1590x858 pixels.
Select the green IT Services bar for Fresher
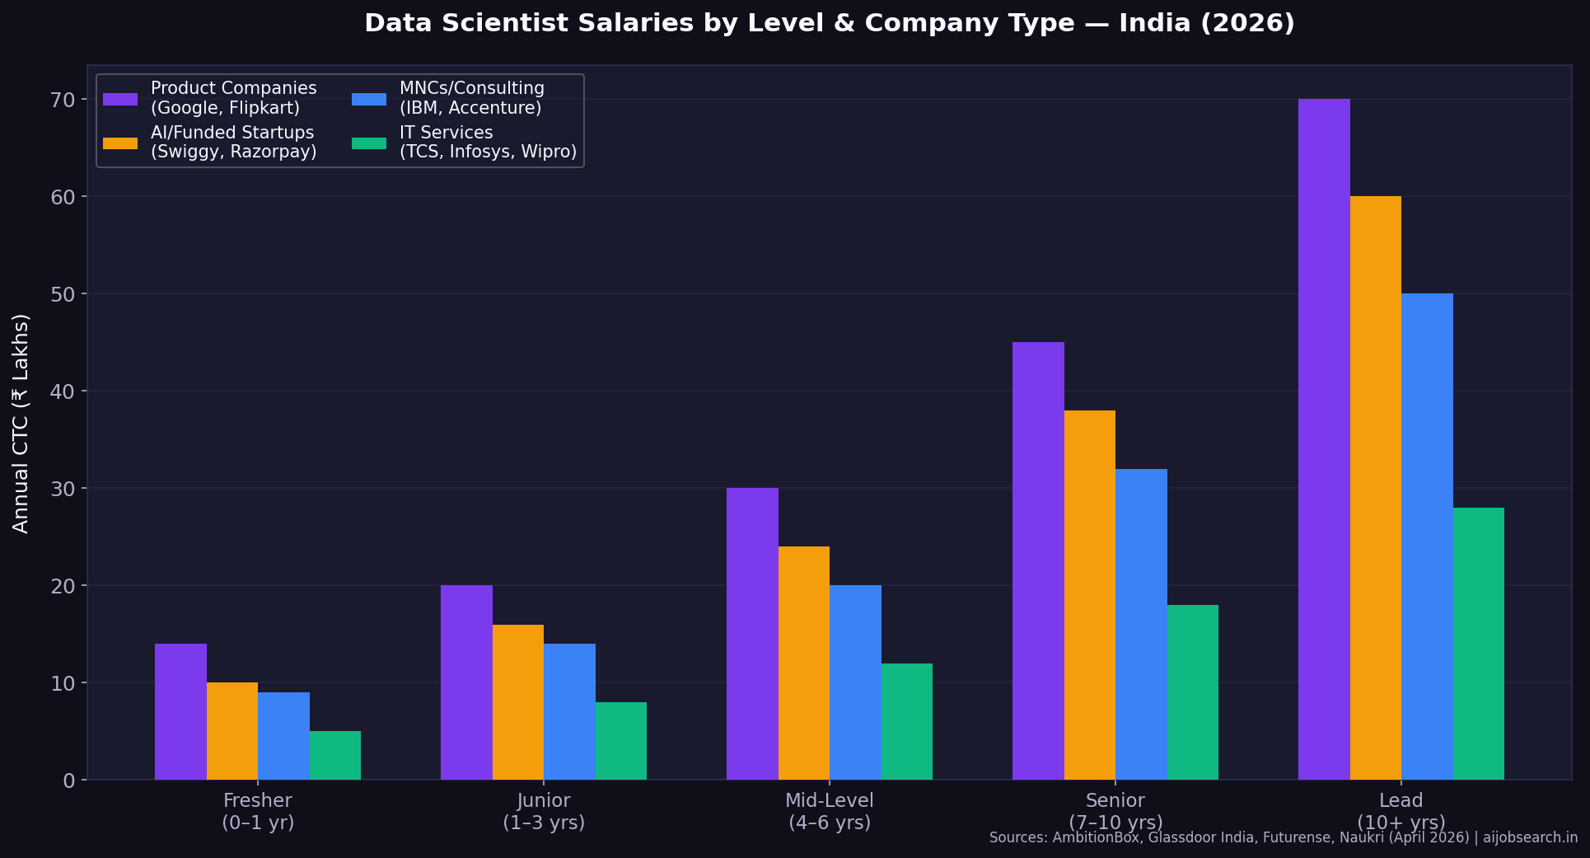[335, 755]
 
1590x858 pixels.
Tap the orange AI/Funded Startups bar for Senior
[1090, 595]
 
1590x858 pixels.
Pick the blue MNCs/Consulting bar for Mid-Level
[855, 682]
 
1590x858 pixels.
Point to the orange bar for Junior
[518, 702]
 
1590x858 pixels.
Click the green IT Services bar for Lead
[1479, 644]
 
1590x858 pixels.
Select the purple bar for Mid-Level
[752, 634]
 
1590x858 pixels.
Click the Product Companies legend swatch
[120, 99]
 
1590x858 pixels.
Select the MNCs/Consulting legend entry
[471, 98]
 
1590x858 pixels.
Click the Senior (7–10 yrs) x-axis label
[1115, 811]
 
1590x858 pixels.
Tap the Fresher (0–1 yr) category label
[258, 811]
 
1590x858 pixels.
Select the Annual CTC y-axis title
[21, 423]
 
